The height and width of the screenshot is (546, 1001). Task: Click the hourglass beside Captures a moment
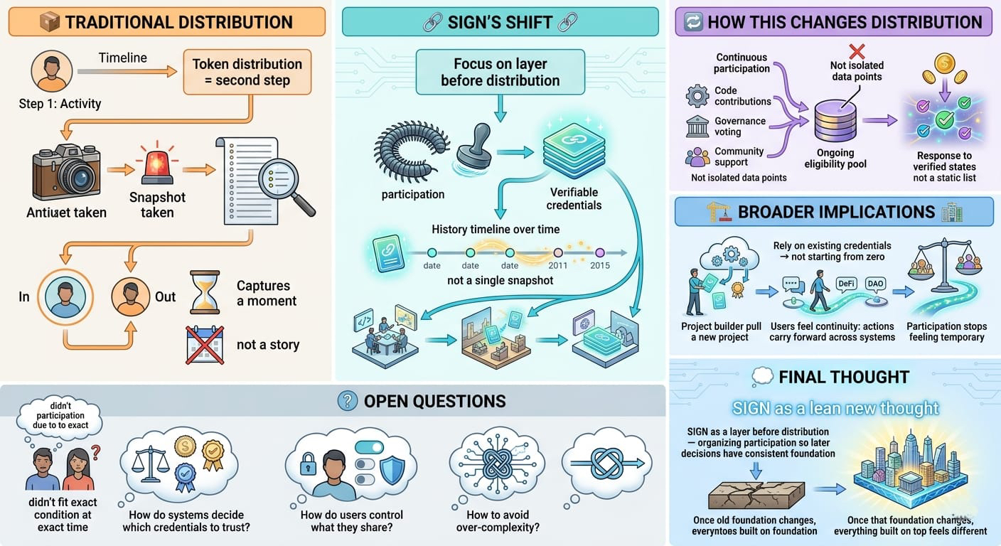point(205,291)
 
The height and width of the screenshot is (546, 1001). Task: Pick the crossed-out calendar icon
point(205,346)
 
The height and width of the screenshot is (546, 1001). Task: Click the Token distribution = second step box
point(247,72)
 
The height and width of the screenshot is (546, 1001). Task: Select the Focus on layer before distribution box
point(500,73)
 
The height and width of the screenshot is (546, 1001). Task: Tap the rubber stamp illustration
point(475,146)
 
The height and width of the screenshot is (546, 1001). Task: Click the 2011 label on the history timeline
point(558,265)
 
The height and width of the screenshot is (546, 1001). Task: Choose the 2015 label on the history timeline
point(599,265)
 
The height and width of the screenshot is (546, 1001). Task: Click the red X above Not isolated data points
point(857,51)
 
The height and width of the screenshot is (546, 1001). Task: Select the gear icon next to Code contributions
point(697,95)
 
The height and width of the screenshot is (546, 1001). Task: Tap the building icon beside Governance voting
point(697,127)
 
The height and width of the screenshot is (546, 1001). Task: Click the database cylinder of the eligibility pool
point(835,121)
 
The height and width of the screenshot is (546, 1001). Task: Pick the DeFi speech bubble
point(846,282)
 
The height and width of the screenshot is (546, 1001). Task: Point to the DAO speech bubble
point(875,282)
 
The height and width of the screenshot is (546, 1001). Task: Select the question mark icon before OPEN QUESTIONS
point(347,401)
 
